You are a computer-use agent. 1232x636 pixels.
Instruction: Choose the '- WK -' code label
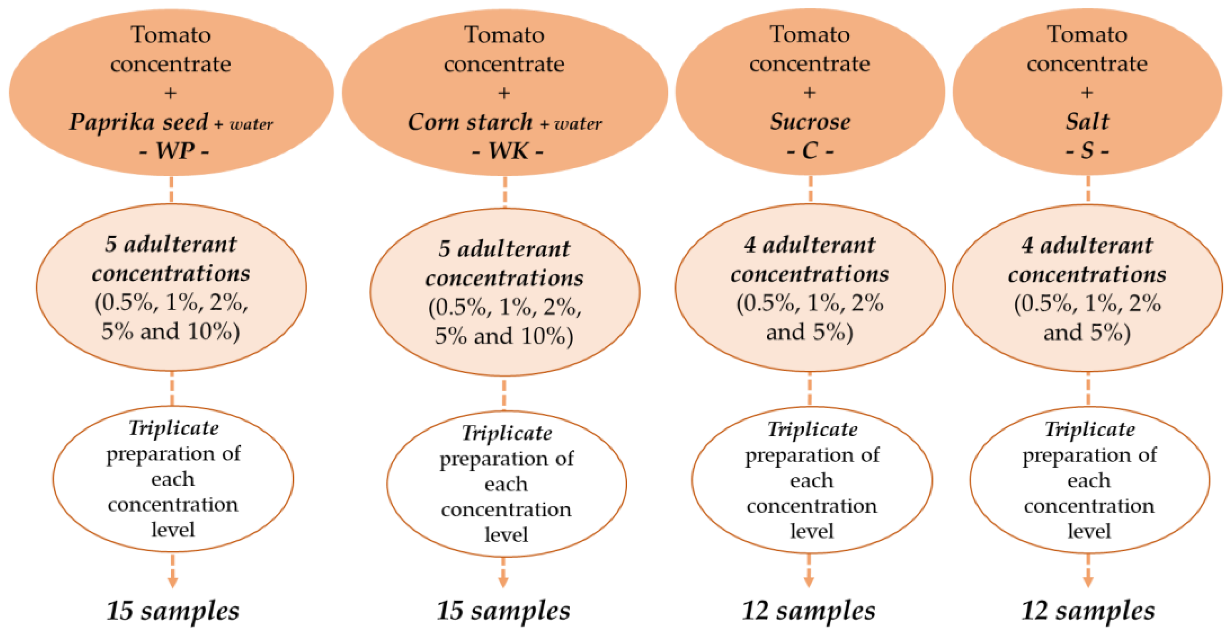click(507, 151)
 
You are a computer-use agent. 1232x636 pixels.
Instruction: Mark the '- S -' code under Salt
click(1087, 151)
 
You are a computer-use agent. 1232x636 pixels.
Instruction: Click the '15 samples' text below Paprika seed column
click(173, 611)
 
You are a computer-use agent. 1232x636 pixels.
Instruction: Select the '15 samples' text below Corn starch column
click(503, 611)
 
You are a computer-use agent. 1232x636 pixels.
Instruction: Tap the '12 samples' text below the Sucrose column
click(808, 611)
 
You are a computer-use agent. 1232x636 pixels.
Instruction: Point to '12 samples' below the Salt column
click(1088, 611)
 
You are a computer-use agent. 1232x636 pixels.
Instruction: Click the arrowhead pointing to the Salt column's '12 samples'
click(1088, 581)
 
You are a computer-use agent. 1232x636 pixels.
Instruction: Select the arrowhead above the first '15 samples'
click(173, 581)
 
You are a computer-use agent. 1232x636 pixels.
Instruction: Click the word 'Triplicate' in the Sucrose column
click(812, 429)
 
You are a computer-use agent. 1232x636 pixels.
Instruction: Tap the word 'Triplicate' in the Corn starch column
click(506, 433)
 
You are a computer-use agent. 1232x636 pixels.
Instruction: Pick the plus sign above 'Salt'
click(1087, 92)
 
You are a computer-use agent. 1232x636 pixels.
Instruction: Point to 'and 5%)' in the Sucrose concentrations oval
click(809, 332)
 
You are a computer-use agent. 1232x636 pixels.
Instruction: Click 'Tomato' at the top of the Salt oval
click(1087, 34)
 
